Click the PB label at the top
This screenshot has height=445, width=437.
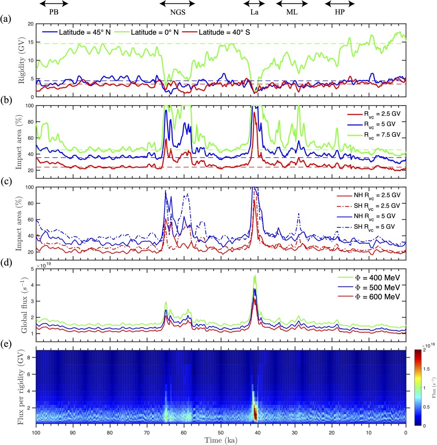54,12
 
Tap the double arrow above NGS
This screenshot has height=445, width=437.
177,3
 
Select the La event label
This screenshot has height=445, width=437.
254,12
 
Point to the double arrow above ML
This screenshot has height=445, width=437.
292,3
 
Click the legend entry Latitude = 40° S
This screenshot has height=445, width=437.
223,32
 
